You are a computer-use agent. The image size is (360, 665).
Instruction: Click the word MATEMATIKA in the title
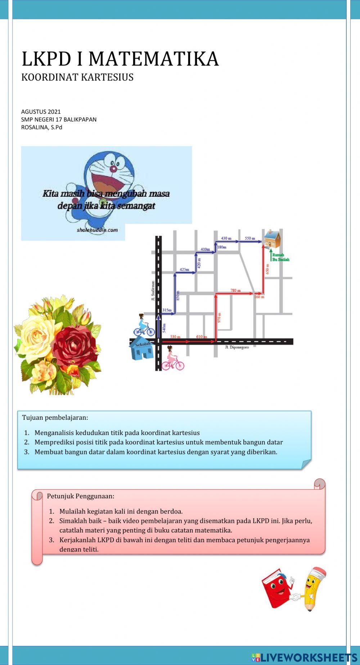[x=153, y=59]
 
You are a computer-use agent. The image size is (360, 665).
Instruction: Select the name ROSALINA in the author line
[x=34, y=127]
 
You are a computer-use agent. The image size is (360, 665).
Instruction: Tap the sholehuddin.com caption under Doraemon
[x=97, y=230]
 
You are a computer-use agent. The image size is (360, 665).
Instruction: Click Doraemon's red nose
[x=113, y=170]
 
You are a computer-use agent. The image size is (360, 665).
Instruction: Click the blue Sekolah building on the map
[x=141, y=349]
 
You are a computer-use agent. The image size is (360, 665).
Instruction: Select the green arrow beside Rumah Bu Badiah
[x=270, y=255]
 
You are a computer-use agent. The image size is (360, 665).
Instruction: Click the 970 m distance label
[x=219, y=318]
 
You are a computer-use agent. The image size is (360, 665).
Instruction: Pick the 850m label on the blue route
[x=177, y=295]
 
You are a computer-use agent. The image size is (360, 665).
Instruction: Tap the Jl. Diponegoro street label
[x=237, y=347]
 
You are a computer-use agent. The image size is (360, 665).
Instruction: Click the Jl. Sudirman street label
[x=153, y=291]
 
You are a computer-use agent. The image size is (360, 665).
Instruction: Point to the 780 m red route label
[x=235, y=291]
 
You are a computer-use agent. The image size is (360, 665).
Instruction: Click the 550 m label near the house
[x=250, y=238]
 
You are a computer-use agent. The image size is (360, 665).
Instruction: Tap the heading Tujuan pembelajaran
[x=55, y=418]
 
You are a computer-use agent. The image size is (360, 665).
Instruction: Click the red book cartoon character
[x=276, y=588]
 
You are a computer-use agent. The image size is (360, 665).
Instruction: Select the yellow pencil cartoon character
[x=311, y=589]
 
